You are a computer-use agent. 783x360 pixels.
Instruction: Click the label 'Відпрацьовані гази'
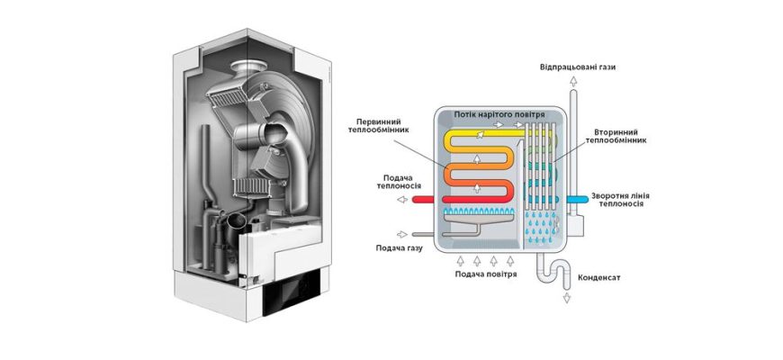(578, 67)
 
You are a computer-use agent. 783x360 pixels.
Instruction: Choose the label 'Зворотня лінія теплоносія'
(616, 200)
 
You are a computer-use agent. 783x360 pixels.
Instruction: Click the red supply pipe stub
(423, 200)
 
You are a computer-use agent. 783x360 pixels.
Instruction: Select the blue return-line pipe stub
(577, 197)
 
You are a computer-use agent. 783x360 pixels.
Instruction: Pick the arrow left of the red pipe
(400, 200)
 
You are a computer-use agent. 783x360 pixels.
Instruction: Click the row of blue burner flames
(481, 212)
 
